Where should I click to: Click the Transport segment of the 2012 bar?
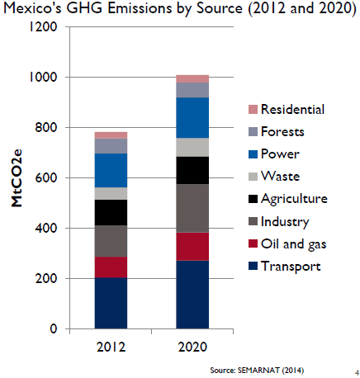click(x=111, y=303)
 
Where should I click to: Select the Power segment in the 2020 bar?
click(x=192, y=118)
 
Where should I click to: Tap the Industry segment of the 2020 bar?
click(x=192, y=208)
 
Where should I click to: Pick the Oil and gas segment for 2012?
click(x=111, y=267)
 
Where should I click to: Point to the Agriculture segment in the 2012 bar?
click(x=111, y=213)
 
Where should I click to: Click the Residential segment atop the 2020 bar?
click(x=192, y=78)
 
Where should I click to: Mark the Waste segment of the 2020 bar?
click(x=192, y=147)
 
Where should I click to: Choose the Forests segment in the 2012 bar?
click(x=111, y=146)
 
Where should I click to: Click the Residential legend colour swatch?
click(x=253, y=109)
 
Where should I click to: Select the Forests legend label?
click(x=282, y=131)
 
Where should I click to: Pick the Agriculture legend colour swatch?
click(x=253, y=199)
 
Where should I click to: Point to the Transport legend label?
click(x=291, y=267)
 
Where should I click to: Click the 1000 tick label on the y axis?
click(x=43, y=77)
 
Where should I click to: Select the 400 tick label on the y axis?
click(x=46, y=228)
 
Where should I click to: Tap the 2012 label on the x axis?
click(x=111, y=347)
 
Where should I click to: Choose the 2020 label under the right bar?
click(x=192, y=347)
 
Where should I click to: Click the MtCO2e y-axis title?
click(x=17, y=178)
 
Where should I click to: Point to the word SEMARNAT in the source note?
click(x=258, y=371)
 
